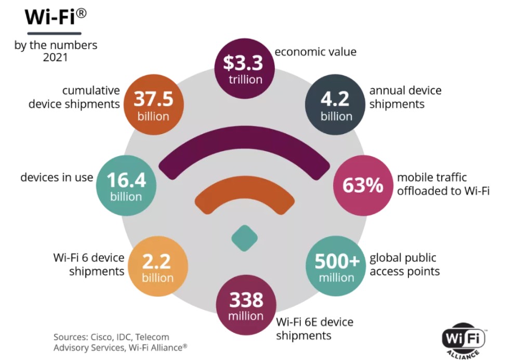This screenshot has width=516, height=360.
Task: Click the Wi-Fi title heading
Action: (55, 17)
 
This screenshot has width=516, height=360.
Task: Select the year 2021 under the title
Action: (55, 58)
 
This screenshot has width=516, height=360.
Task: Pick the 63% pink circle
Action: (362, 185)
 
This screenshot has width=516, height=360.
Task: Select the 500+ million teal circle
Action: (336, 267)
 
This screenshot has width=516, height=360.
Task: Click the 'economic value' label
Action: (315, 51)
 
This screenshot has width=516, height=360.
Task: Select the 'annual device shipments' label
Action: (405, 97)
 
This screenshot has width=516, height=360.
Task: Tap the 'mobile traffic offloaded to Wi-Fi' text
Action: (443, 184)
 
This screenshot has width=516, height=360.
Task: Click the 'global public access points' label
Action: (404, 264)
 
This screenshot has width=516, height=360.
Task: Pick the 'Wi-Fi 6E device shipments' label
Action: (314, 328)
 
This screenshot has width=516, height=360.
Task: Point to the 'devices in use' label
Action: (57, 177)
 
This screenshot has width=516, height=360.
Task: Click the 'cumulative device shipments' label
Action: (74, 97)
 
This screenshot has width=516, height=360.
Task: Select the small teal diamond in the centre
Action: (244, 237)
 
